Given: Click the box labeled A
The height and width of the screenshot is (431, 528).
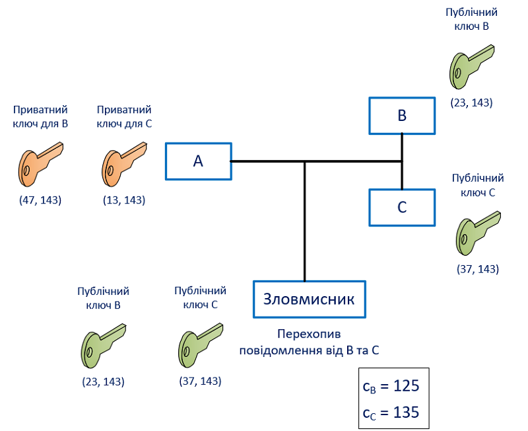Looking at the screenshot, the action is point(199,161).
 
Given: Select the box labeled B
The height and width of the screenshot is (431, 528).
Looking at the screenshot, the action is point(402,116).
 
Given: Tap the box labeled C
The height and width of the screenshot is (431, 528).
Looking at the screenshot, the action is point(402,208).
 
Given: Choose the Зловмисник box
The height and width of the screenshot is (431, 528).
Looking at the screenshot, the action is point(309,299).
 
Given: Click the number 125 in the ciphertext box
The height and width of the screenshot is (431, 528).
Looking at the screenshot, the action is point(406,385).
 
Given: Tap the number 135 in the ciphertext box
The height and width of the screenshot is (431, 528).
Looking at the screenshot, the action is point(406,412).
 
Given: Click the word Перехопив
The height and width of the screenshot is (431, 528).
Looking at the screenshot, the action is point(309,334).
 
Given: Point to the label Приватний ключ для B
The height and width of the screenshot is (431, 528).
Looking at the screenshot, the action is point(40,117).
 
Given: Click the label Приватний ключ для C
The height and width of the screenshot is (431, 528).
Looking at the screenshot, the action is point(124,117).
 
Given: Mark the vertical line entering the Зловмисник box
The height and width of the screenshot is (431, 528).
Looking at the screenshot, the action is point(305,221).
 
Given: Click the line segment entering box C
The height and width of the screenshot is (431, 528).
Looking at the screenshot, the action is point(402,175).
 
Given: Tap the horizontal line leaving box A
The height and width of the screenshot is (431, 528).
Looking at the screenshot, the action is point(316,161).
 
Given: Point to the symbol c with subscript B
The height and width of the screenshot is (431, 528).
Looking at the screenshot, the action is point(369,387).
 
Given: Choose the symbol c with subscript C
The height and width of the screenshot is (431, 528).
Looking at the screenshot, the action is point(369,414).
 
